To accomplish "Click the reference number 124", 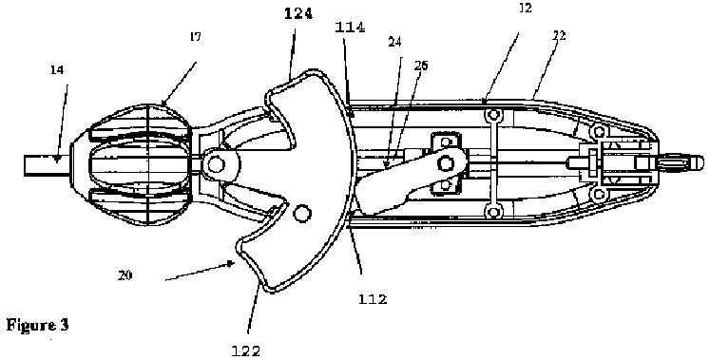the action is coord(298,14).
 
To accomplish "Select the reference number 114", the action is coord(350,28).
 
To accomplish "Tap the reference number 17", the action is coord(195,37).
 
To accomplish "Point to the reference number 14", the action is coord(58,70).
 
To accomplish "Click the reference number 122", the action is coord(246,351).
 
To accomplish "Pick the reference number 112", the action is coord(373,299).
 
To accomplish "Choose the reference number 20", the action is coord(125,275).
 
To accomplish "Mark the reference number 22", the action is coord(560,36).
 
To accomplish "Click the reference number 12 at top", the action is coord(526,8).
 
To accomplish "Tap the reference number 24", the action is coord(394,42).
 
